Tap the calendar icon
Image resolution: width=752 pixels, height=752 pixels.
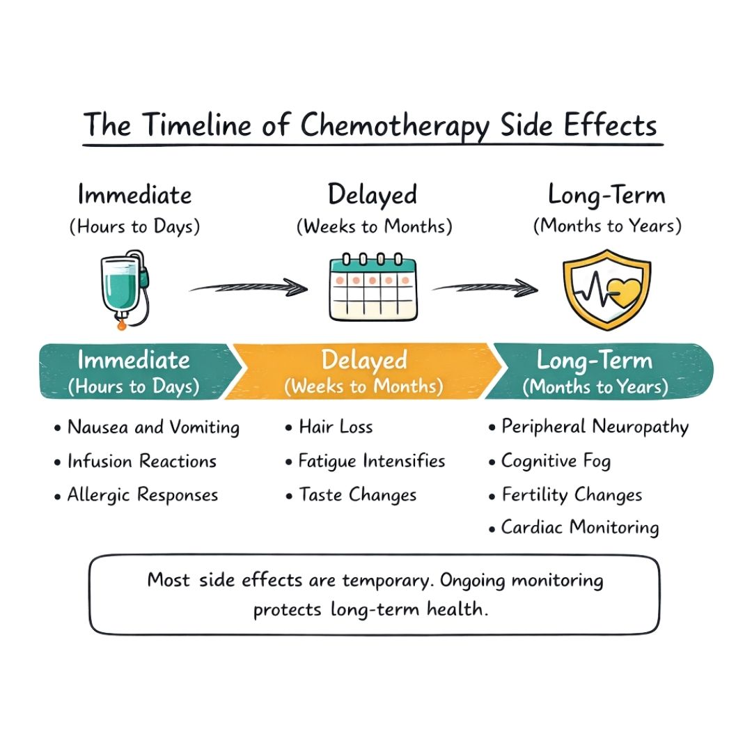pyautogui.click(x=373, y=290)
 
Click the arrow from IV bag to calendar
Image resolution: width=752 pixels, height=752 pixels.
pyautogui.click(x=249, y=286)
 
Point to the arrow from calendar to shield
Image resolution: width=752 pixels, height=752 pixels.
pyautogui.click(x=485, y=286)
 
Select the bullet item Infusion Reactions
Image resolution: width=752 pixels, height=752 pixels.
pyautogui.click(x=141, y=461)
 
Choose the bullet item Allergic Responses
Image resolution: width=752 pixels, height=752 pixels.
pyautogui.click(x=142, y=495)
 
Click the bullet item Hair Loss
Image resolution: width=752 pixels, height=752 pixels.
pyautogui.click(x=336, y=427)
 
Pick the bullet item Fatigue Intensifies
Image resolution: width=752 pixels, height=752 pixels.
pyautogui.click(x=371, y=461)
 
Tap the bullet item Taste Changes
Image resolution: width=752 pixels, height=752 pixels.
pyautogui.click(x=357, y=495)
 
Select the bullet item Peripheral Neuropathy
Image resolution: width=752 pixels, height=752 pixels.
pyautogui.click(x=595, y=427)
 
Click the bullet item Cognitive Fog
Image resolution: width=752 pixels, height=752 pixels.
pyautogui.click(x=556, y=461)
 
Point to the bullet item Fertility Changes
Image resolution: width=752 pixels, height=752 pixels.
pyautogui.click(x=572, y=495)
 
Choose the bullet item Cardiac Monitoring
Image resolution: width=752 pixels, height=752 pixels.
pyautogui.click(x=579, y=528)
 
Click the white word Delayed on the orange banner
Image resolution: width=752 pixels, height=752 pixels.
pyautogui.click(x=364, y=361)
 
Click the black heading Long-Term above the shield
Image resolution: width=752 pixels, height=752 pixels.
pyautogui.click(x=606, y=196)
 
